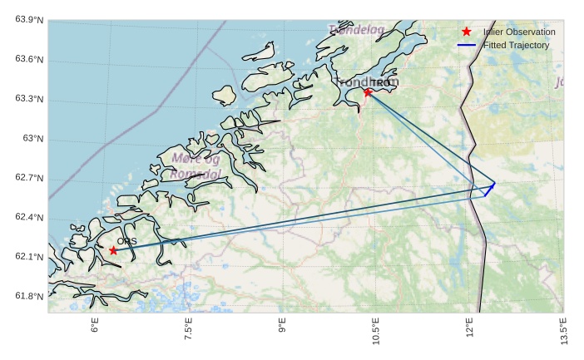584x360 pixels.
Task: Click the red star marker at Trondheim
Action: click(x=368, y=92)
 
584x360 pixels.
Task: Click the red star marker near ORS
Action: click(x=113, y=249)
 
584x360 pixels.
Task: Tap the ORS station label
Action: click(x=126, y=241)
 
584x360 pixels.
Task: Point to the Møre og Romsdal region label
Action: click(x=196, y=166)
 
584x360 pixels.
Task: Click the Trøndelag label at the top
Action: click(x=356, y=30)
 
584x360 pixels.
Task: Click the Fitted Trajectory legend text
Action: click(x=516, y=45)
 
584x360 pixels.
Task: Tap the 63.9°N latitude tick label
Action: click(x=29, y=20)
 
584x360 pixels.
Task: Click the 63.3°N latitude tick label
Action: click(x=29, y=99)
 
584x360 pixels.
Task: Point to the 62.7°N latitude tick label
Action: click(x=29, y=178)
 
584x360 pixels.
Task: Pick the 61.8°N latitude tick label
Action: click(x=29, y=297)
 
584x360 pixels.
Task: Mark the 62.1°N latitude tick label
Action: click(x=29, y=257)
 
